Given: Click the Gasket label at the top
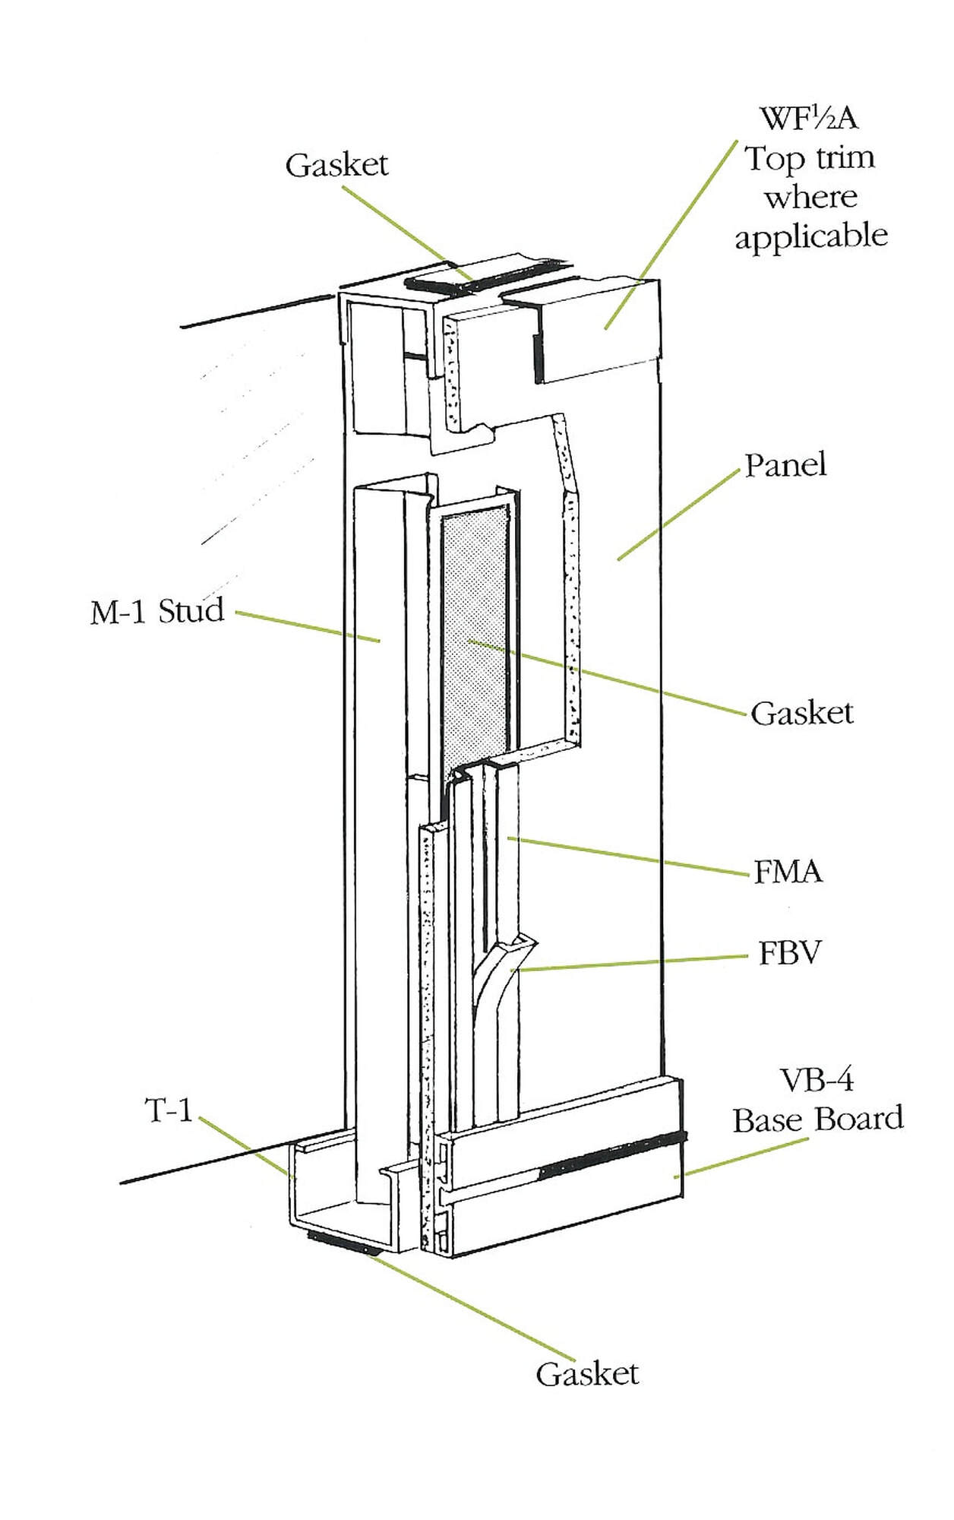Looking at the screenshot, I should pos(336,165).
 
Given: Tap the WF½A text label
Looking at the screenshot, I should pos(810,119).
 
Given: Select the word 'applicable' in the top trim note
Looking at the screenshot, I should pos(810,236).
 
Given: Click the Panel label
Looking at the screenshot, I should pos(785,465).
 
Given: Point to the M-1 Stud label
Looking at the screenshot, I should pos(157,611).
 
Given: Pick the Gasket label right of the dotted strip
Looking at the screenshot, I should pos(801,713).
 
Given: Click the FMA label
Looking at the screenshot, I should pos(788,872).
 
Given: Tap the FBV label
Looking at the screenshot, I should pos(790,953).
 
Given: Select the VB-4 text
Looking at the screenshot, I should pos(817,1080).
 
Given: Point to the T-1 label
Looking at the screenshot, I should pos(168,1111).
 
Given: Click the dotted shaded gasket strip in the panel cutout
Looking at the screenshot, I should pos(475,638).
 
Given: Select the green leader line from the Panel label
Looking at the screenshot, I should pos(676,517).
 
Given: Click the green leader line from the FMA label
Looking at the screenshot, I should pos(630,857).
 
